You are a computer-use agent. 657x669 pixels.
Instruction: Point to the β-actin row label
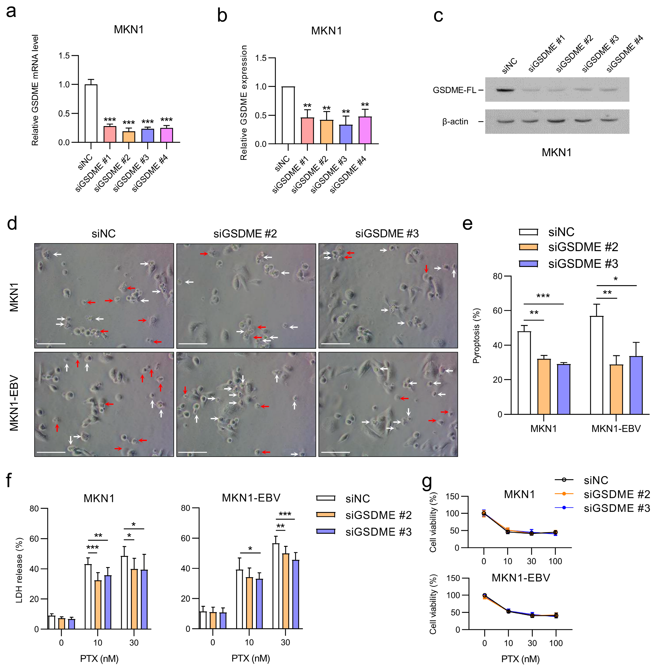click(x=455, y=121)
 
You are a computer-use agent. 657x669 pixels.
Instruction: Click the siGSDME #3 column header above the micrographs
click(x=387, y=234)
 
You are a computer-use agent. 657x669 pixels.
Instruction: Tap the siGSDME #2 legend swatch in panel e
click(x=528, y=247)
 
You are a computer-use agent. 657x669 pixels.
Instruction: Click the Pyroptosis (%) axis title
click(x=477, y=336)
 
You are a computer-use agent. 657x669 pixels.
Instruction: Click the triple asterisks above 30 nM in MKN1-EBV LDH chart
click(x=285, y=514)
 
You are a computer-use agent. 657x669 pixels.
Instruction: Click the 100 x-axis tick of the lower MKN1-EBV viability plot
click(x=556, y=643)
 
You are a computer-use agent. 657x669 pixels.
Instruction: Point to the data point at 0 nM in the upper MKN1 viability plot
click(x=484, y=514)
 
